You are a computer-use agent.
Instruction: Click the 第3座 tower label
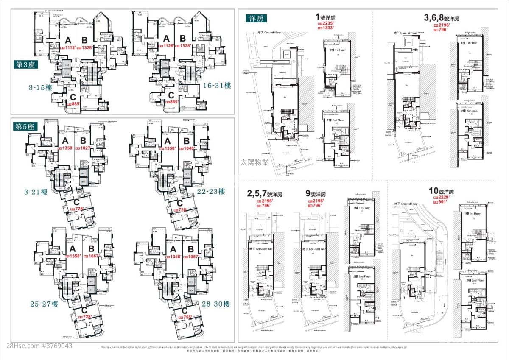coord(25,64)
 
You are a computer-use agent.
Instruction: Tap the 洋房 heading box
coord(255,19)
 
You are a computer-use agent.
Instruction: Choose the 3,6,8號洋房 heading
coord(442,18)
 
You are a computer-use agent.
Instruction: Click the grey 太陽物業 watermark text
coord(255,162)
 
